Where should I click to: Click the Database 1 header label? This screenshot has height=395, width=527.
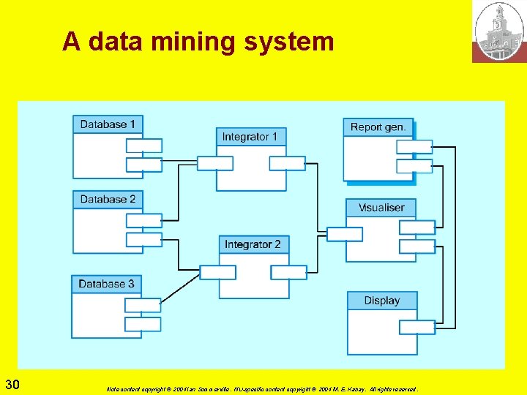(108, 124)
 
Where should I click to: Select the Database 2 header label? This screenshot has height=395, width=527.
(108, 199)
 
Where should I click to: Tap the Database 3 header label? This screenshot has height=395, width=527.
(106, 284)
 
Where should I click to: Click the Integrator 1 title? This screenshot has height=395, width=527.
(250, 137)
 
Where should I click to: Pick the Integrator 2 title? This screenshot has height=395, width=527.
(253, 244)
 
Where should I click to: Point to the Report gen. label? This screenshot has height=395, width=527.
(378, 127)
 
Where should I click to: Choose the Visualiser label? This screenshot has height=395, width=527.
(381, 208)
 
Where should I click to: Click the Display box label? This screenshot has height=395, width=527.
(381, 301)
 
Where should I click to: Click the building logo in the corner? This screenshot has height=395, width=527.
(499, 31)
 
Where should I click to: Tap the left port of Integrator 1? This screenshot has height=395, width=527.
(215, 163)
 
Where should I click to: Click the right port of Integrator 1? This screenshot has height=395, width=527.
(287, 163)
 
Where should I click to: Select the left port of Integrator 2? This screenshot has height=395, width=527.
(217, 272)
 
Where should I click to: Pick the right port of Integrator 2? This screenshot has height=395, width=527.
(288, 272)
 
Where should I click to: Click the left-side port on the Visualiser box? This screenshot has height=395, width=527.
(344, 234)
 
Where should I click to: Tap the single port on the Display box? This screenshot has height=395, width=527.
(416, 327)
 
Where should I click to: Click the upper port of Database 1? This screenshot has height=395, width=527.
(143, 146)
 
